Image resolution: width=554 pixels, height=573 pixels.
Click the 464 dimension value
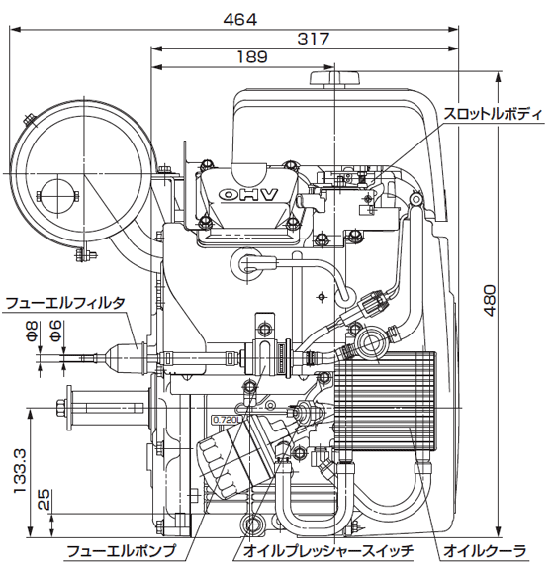pyautogui.click(x=240, y=19)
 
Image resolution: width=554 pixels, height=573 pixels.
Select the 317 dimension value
pyautogui.click(x=313, y=39)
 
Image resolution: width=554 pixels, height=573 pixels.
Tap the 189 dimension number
pyautogui.click(x=252, y=57)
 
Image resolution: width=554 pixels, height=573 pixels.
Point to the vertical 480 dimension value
pyautogui.click(x=489, y=301)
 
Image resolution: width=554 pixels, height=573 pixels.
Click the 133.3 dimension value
pyautogui.click(x=20, y=472)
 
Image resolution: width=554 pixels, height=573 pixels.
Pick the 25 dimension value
pyautogui.click(x=44, y=499)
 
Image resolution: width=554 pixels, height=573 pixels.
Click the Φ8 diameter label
pyautogui.click(x=32, y=332)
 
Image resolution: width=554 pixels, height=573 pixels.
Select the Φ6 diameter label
pyautogui.click(x=55, y=332)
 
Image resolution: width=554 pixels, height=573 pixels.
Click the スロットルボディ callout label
pyautogui.click(x=493, y=114)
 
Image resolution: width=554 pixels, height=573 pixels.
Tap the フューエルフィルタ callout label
pyautogui.click(x=65, y=303)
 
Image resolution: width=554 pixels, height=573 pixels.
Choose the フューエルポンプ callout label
pyautogui.click(x=122, y=550)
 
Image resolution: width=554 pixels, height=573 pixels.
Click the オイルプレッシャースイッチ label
pyautogui.click(x=328, y=550)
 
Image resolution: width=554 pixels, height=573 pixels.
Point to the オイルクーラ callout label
pyautogui.click(x=485, y=550)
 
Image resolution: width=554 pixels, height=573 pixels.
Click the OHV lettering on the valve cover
pyautogui.click(x=248, y=194)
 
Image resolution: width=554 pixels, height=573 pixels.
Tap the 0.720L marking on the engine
pyautogui.click(x=226, y=420)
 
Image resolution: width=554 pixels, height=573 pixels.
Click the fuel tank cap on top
pyautogui.click(x=334, y=78)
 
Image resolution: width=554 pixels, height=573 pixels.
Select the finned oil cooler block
pyautogui.click(x=385, y=401)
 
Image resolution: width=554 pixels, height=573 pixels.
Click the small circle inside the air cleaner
pyautogui.click(x=57, y=196)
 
